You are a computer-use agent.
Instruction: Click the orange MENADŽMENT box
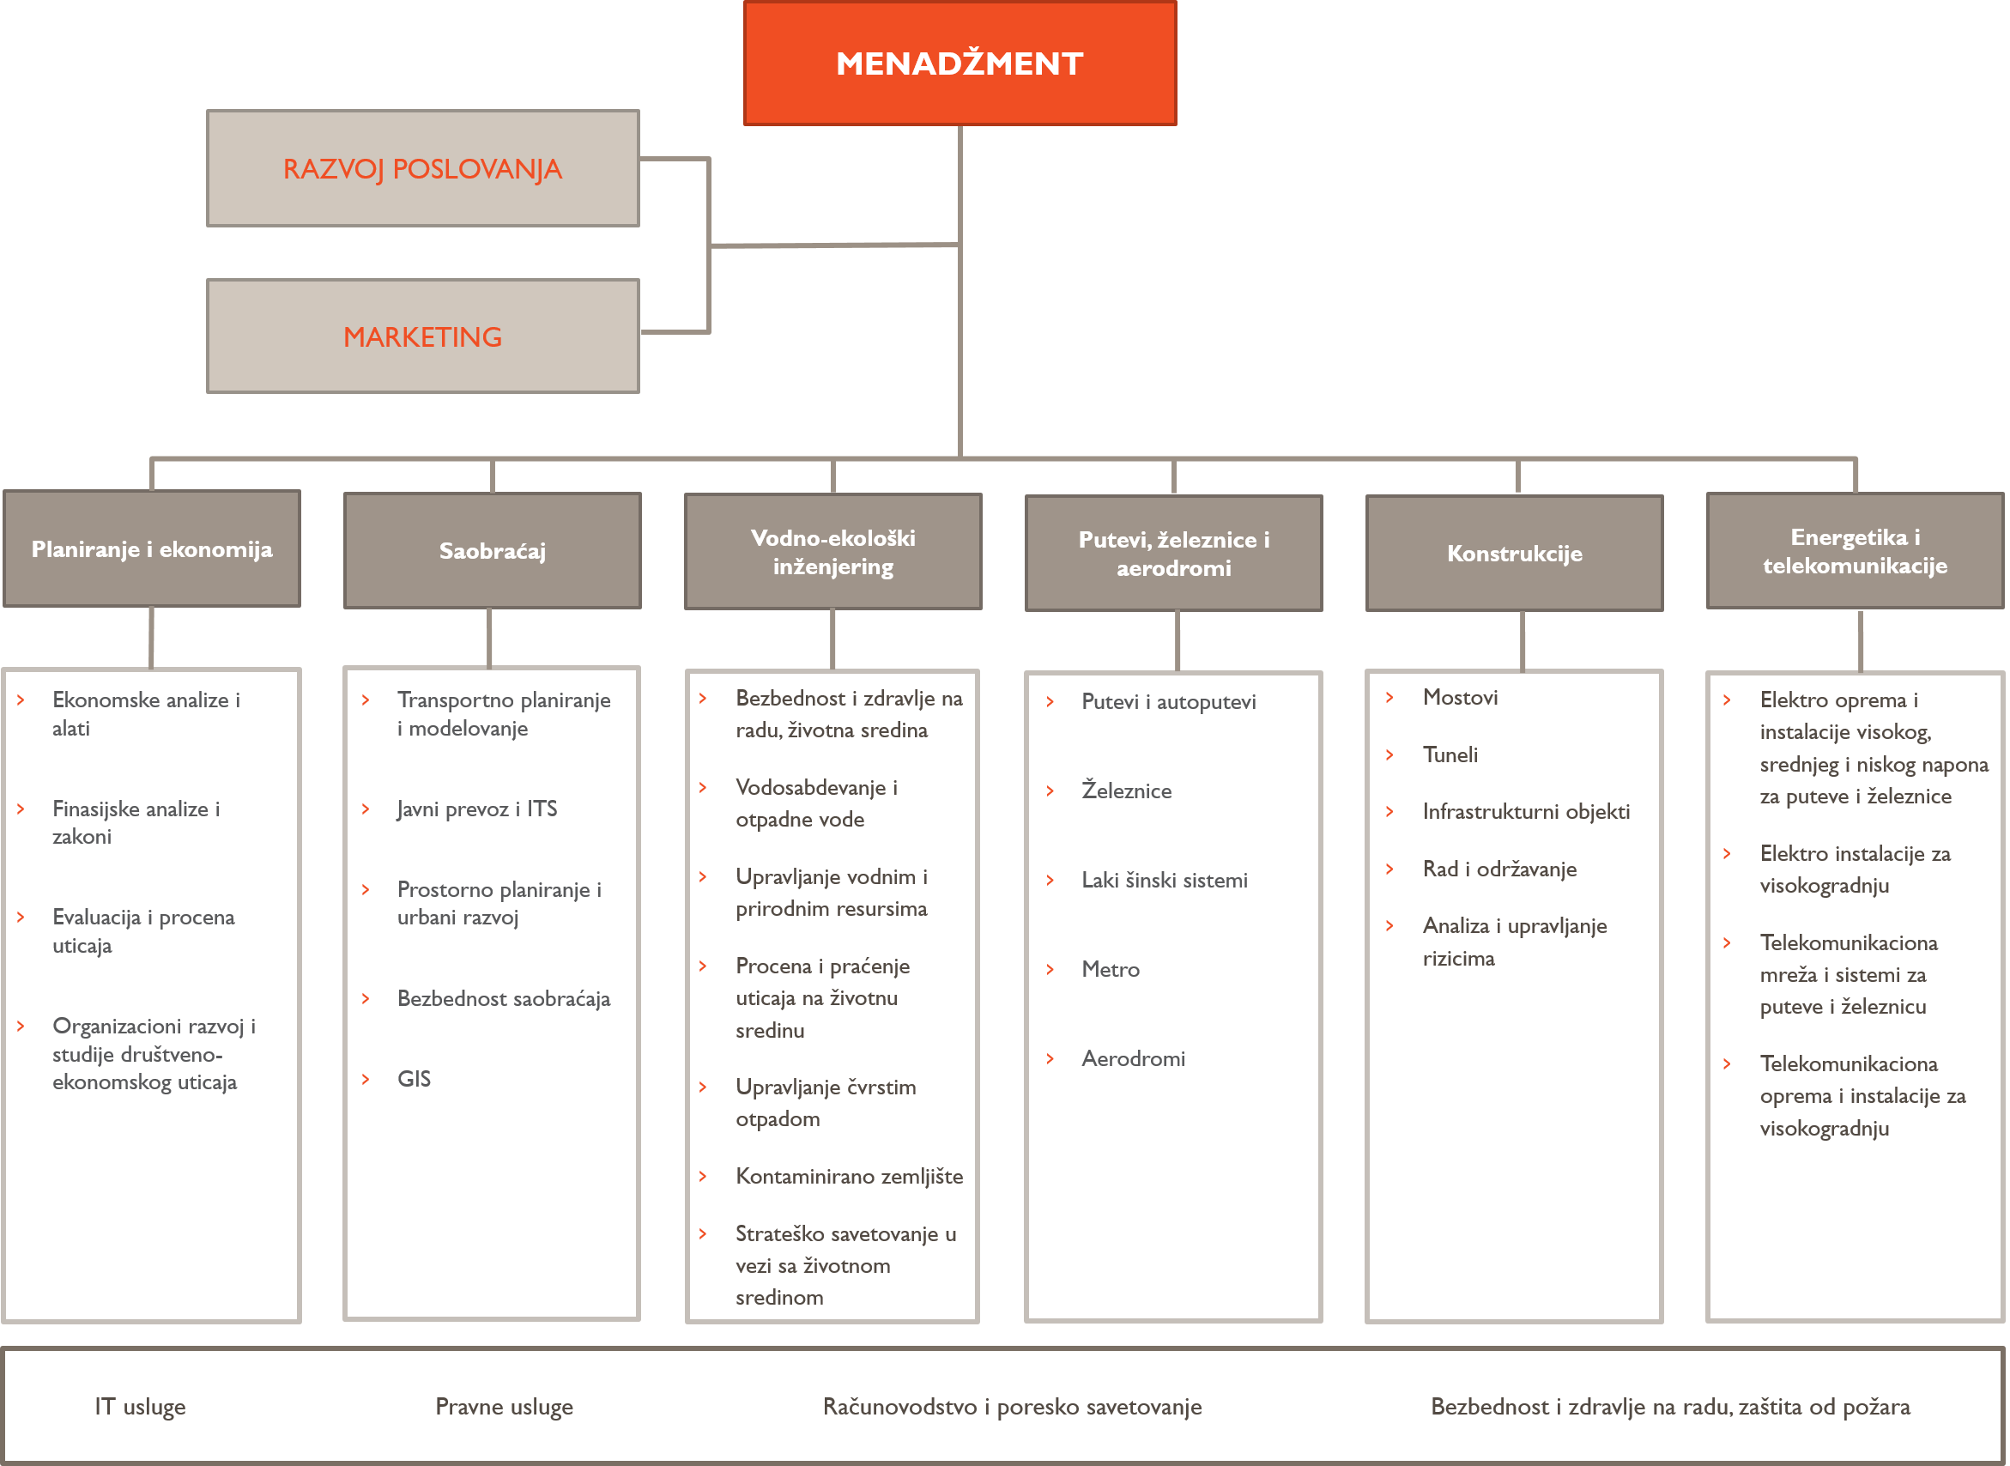(960, 63)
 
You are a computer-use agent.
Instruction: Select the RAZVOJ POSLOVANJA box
(423, 168)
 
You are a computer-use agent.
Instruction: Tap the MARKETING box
(423, 336)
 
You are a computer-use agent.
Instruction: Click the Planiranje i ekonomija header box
(152, 548)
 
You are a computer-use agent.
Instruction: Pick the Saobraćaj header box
(493, 550)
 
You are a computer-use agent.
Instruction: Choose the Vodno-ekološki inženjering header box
(833, 551)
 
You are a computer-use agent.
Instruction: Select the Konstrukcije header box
(1515, 553)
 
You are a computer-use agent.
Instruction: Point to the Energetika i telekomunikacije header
(1856, 550)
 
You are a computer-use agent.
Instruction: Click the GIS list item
(415, 1079)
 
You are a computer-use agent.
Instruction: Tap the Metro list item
(1111, 969)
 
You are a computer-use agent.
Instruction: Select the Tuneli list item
(1451, 754)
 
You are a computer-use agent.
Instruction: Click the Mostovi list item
(1461, 698)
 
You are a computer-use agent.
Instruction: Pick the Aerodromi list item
(1133, 1058)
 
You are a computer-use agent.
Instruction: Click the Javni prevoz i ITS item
(477, 809)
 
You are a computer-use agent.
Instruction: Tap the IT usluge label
(140, 1407)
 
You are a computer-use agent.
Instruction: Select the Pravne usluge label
(504, 1407)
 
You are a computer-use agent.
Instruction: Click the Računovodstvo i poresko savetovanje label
(1013, 1407)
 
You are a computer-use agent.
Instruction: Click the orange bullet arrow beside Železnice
(1050, 791)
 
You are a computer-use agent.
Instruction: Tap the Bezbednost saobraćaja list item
(504, 998)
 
